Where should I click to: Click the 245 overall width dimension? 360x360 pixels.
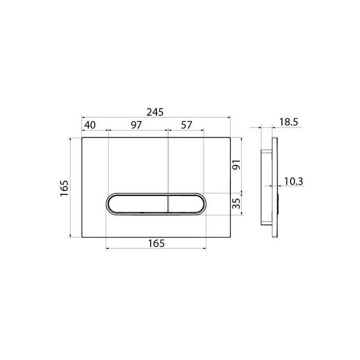click(155, 112)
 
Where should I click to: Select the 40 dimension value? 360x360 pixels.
click(90, 125)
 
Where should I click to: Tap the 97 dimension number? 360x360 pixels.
click(136, 125)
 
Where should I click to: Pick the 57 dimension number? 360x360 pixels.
click(186, 125)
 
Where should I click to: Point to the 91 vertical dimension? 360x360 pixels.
click(237, 165)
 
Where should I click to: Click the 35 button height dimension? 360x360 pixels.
click(237, 204)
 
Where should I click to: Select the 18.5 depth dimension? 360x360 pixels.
click(289, 122)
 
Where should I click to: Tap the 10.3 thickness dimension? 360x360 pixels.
click(294, 182)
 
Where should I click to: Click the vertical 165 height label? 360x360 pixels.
click(64, 188)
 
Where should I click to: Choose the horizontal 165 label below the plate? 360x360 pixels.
click(156, 243)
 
